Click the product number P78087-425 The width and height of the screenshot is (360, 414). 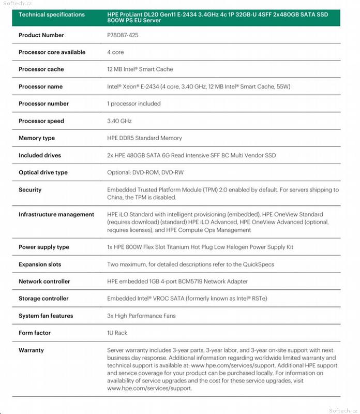point(123,35)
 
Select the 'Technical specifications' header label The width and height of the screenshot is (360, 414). point(51,14)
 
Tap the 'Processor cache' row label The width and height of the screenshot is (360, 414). point(41,69)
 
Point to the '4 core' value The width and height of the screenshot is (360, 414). point(115,52)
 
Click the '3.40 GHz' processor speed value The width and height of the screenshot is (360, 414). point(119,121)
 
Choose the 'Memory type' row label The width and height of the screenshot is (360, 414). point(37,138)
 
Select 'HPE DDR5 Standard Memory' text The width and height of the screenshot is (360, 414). point(144,138)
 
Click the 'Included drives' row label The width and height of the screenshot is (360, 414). point(40,155)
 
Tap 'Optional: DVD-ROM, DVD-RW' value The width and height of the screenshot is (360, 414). point(145,173)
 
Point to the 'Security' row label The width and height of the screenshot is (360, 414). point(30,190)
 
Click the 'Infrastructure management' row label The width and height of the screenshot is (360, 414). point(56,214)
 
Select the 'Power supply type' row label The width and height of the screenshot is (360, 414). point(44,247)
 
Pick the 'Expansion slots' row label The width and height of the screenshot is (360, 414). point(40,264)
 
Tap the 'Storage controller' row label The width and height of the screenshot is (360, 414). point(43,299)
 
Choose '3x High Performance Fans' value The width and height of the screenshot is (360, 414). point(141,316)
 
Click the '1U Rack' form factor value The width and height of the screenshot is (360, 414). point(117,333)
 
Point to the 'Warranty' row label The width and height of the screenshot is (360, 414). point(31,350)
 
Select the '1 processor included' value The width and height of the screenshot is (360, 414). point(134,103)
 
